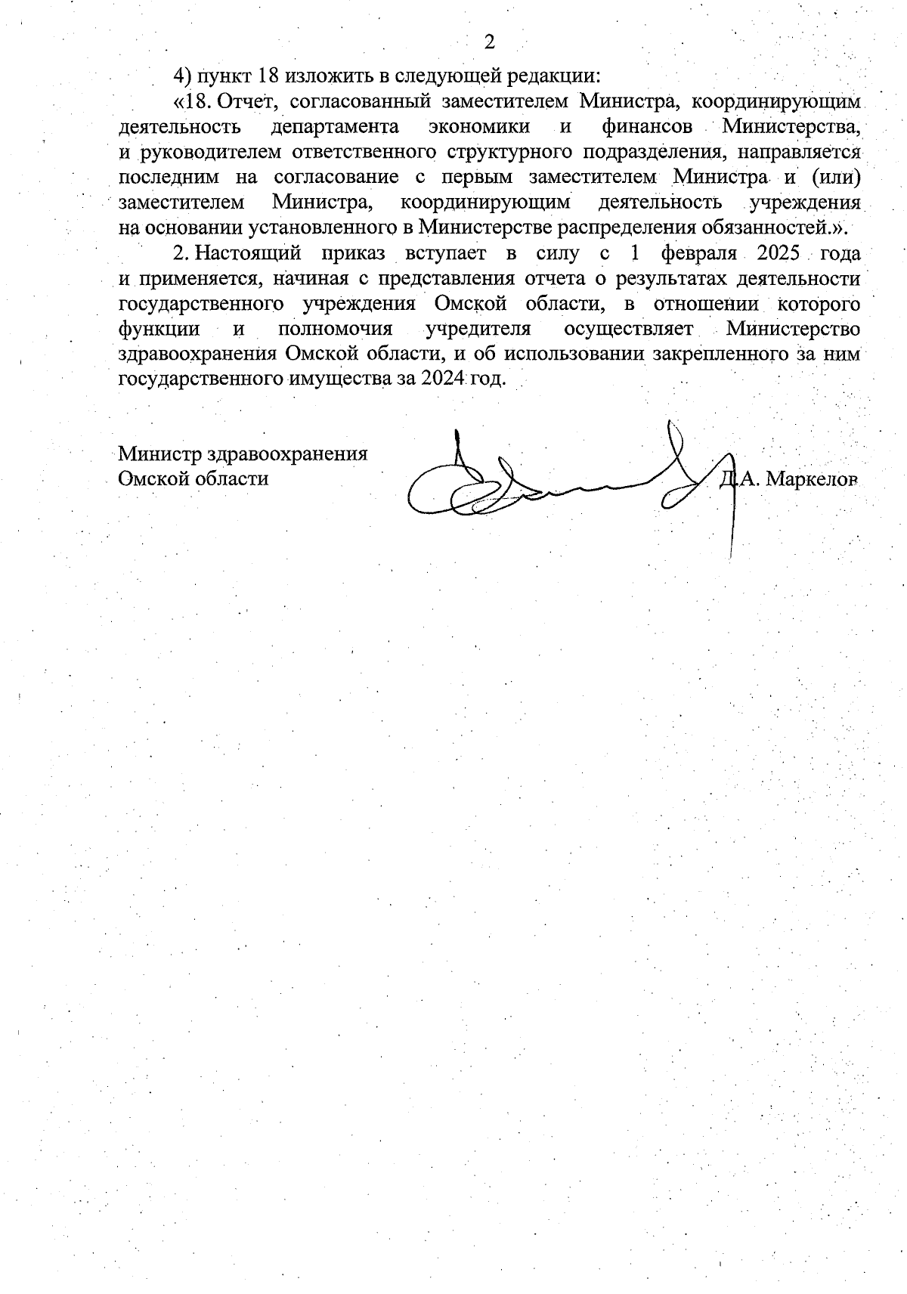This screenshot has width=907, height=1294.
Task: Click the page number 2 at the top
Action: coord(488,42)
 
